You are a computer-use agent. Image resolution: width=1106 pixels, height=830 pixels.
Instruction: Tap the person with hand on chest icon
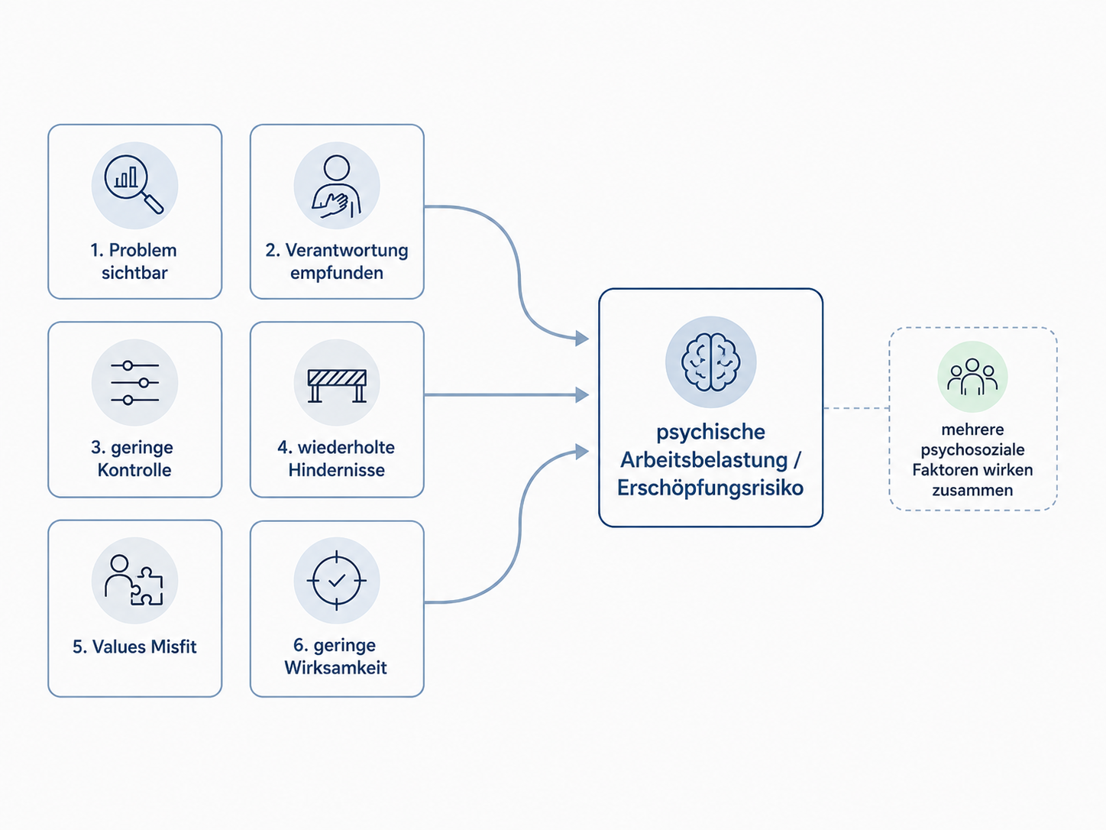coord(337,186)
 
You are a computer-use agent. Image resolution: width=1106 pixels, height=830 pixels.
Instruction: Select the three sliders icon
coord(134,382)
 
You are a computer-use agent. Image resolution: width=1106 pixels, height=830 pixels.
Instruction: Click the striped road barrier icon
coord(337,385)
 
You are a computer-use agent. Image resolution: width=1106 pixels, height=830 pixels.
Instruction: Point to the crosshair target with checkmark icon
coord(337,581)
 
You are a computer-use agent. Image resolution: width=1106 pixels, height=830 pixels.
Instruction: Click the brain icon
coord(710,362)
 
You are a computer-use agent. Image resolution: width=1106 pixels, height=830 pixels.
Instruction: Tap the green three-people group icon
coord(972,377)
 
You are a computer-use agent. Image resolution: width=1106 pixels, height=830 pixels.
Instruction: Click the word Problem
coord(143,251)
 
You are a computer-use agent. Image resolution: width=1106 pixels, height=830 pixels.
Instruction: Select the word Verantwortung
coord(347,251)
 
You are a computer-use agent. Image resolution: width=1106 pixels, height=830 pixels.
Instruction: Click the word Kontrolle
coord(134,470)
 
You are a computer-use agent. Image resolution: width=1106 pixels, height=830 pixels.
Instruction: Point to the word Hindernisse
coord(337,470)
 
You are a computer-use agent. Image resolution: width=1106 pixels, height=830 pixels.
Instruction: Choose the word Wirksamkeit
coord(335,668)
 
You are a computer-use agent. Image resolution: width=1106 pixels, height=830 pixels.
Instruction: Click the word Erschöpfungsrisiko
coord(710,488)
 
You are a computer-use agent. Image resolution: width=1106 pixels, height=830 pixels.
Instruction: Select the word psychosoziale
coord(972,450)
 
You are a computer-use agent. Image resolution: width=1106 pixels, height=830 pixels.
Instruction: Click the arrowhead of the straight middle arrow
coord(582,395)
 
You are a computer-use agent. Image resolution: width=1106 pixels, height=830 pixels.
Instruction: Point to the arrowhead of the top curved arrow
coord(582,338)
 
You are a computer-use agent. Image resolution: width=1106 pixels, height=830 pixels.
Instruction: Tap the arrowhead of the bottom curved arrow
coord(582,452)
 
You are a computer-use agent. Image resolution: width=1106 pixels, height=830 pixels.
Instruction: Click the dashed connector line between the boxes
coord(856,408)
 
